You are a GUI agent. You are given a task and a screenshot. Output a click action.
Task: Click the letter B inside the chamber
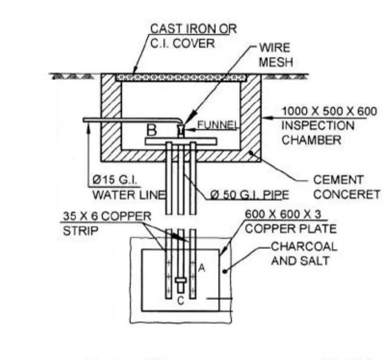pyautogui.click(x=151, y=130)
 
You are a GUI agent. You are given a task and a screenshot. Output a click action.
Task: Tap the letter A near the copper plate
pyautogui.click(x=202, y=268)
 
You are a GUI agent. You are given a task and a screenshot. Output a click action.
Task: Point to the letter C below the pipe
pyautogui.click(x=181, y=301)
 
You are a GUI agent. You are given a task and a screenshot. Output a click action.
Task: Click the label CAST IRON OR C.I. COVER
pyautogui.click(x=193, y=35)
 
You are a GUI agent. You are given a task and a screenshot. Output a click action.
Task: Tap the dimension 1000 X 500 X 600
pyautogui.click(x=329, y=111)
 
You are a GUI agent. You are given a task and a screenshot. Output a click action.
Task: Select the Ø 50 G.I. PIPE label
pyautogui.click(x=245, y=194)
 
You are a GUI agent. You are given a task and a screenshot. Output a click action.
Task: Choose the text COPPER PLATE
pyautogui.click(x=290, y=229)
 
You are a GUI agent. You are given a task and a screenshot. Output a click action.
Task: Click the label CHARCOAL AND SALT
pyautogui.click(x=304, y=253)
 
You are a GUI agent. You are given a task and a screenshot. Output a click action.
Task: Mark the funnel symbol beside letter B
pyautogui.click(x=180, y=129)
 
